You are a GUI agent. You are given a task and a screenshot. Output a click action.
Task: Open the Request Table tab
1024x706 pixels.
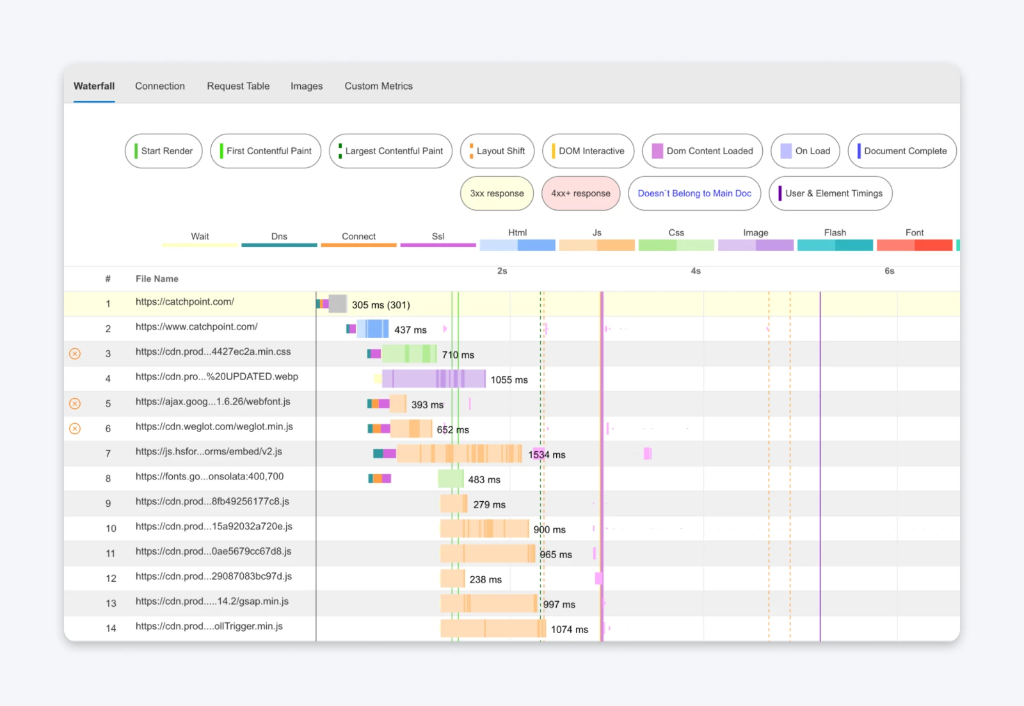point(238,86)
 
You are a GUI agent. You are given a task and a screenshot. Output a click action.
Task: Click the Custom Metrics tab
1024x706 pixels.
point(378,86)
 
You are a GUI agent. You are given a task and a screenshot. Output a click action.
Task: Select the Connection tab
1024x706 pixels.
point(159,86)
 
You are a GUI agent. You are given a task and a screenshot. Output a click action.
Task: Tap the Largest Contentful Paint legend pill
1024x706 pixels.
point(390,151)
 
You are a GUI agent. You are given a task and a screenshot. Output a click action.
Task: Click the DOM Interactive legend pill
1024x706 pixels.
point(588,151)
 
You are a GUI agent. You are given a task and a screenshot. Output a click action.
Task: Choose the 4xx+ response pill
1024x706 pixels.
point(580,193)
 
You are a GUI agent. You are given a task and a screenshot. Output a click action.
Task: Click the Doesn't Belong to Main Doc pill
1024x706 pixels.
point(694,193)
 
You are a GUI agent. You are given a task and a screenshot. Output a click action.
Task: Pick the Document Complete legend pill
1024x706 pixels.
point(902,151)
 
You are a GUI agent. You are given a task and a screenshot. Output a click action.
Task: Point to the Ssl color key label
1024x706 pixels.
point(438,236)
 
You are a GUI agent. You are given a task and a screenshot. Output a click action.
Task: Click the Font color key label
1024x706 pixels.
point(914,232)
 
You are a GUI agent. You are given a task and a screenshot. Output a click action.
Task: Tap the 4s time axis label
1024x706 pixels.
point(696,271)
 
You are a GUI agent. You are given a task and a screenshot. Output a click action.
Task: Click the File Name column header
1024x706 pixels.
point(157,278)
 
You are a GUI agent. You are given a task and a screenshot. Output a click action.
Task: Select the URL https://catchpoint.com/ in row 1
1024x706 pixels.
point(184,301)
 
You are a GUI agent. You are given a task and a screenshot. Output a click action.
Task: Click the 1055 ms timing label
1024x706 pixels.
point(509,380)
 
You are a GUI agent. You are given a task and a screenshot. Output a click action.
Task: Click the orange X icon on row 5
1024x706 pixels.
point(75,403)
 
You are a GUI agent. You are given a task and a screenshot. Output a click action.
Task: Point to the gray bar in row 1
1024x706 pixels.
point(337,303)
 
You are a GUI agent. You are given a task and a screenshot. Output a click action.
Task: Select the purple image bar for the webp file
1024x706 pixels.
point(433,379)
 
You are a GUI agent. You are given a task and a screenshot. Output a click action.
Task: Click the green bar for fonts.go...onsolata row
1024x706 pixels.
point(451,479)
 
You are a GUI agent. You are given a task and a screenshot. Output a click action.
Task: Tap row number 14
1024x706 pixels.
point(111,628)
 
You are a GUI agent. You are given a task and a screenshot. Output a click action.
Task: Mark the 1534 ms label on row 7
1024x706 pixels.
point(547,454)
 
